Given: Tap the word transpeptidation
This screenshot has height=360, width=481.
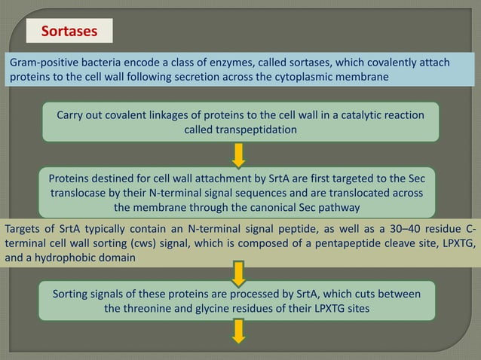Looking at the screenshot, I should click(240, 130).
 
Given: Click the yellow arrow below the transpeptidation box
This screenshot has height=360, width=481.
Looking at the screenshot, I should click(239, 154).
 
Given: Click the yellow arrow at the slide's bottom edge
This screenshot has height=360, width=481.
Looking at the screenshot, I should click(239, 331).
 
